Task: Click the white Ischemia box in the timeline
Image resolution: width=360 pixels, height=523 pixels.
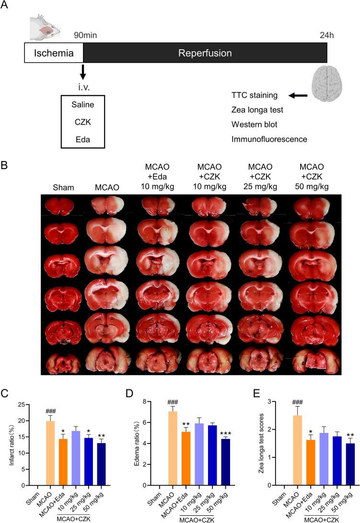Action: click(x=54, y=53)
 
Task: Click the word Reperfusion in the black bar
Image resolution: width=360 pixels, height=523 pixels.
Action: click(x=205, y=53)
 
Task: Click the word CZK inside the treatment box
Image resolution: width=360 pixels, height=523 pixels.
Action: click(x=83, y=122)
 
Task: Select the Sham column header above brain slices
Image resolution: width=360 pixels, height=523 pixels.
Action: click(x=63, y=188)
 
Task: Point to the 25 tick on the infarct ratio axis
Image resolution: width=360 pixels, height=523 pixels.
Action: click(x=28, y=405)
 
